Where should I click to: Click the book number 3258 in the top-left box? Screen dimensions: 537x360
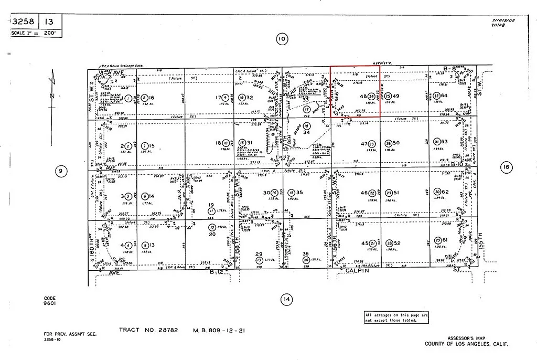[x=23, y=22]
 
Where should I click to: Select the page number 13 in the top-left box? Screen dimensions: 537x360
[x=48, y=22]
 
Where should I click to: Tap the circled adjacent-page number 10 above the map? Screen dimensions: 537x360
[x=282, y=38]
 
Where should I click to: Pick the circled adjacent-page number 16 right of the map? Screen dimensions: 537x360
[x=506, y=167]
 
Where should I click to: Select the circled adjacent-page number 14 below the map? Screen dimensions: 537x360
[x=286, y=300]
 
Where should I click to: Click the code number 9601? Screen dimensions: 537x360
[x=50, y=303]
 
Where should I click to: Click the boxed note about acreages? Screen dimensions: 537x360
[x=396, y=317]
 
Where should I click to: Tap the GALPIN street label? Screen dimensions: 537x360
[x=358, y=271]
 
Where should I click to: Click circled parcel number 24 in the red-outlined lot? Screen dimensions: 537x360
[x=371, y=97]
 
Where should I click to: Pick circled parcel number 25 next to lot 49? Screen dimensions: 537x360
[x=388, y=97]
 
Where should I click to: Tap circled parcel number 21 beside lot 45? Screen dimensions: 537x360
[x=372, y=243]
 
